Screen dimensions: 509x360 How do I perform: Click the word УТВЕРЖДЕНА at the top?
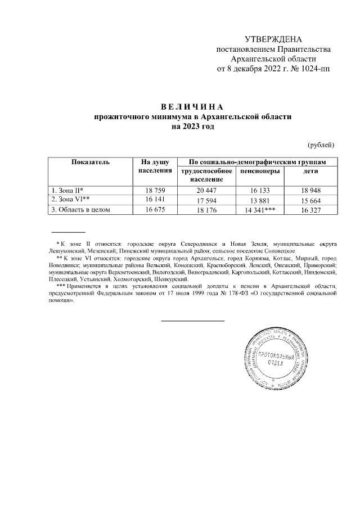(x=273, y=39)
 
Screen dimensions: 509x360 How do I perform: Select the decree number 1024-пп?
(x=314, y=69)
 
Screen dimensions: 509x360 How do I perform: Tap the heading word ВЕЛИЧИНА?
(x=192, y=107)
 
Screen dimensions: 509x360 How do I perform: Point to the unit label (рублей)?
(x=322, y=145)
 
